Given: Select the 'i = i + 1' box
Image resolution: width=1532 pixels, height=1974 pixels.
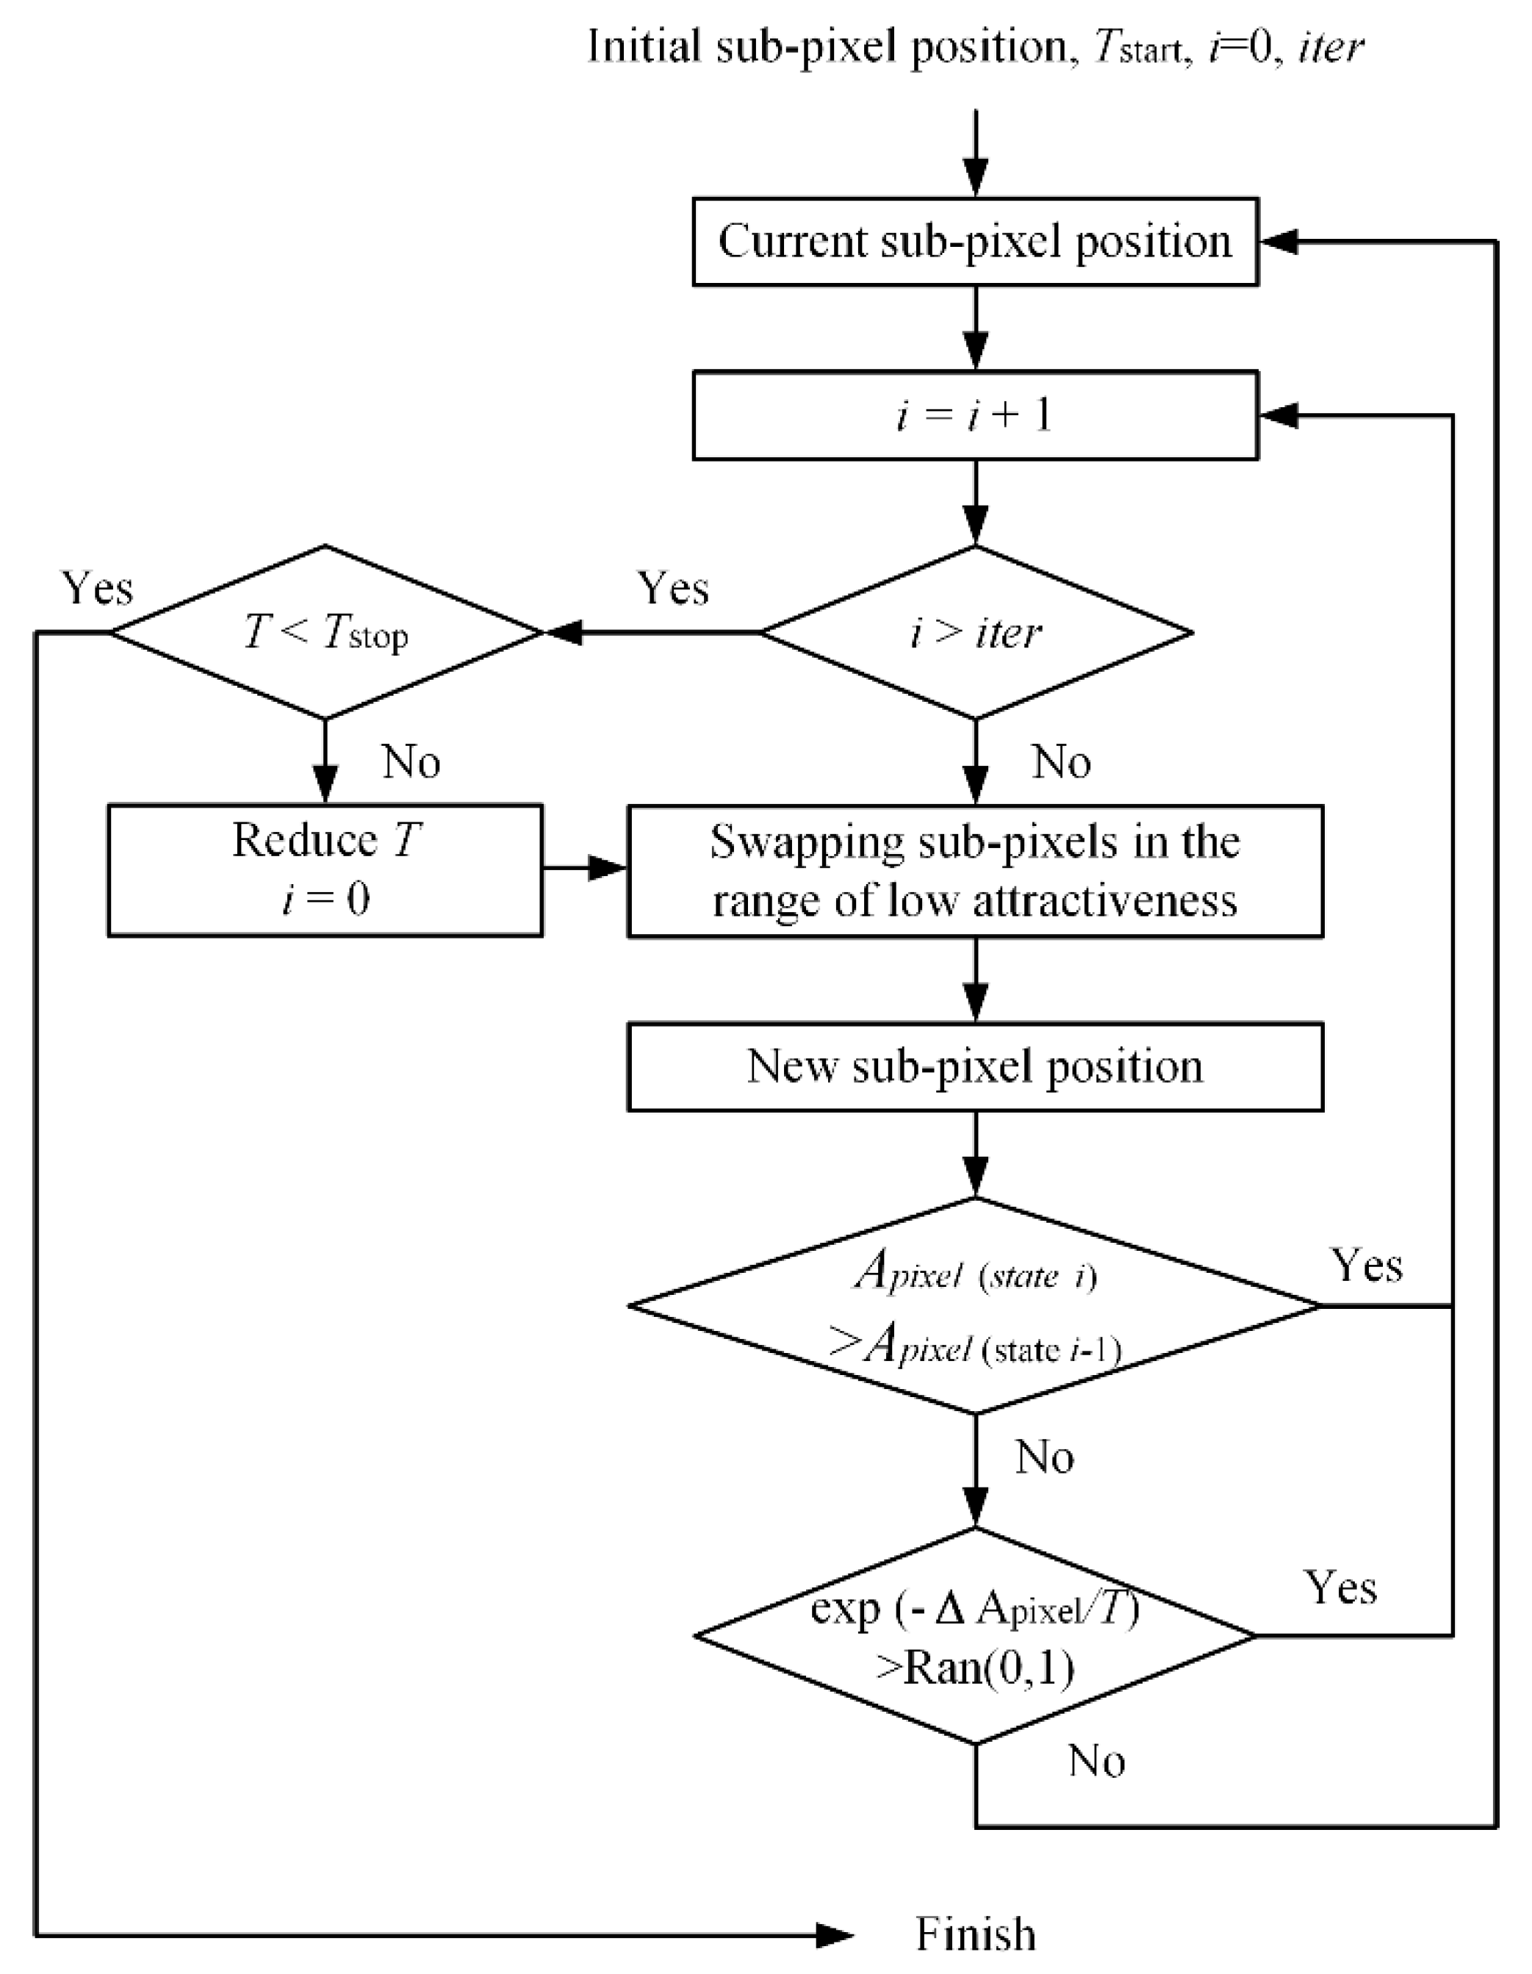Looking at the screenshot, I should [974, 415].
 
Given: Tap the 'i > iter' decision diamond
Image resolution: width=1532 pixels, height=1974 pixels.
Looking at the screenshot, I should [974, 632].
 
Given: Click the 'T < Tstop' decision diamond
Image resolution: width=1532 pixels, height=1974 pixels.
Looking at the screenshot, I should [326, 632].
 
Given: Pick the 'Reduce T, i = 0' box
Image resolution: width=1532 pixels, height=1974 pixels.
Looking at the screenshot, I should [326, 869].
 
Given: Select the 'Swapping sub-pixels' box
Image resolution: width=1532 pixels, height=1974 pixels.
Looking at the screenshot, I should [974, 870].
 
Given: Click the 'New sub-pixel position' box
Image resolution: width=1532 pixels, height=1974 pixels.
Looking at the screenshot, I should [974, 1066].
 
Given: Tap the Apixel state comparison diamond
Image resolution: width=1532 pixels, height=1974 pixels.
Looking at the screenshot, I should [974, 1305].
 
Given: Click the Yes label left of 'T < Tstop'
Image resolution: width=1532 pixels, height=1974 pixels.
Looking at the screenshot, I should [97, 589].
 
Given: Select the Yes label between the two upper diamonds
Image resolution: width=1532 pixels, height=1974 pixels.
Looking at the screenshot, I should [672, 589].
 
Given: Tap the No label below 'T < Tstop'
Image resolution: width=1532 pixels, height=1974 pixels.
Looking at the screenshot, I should [411, 762].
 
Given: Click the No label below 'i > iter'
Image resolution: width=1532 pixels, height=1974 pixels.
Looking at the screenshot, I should [1061, 762].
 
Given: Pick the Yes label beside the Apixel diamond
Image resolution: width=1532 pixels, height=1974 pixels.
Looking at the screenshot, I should [1367, 1266].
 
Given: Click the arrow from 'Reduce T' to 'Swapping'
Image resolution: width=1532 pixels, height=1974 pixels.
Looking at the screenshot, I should [586, 869].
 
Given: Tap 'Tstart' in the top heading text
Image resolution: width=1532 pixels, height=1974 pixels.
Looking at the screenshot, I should [1136, 47].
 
